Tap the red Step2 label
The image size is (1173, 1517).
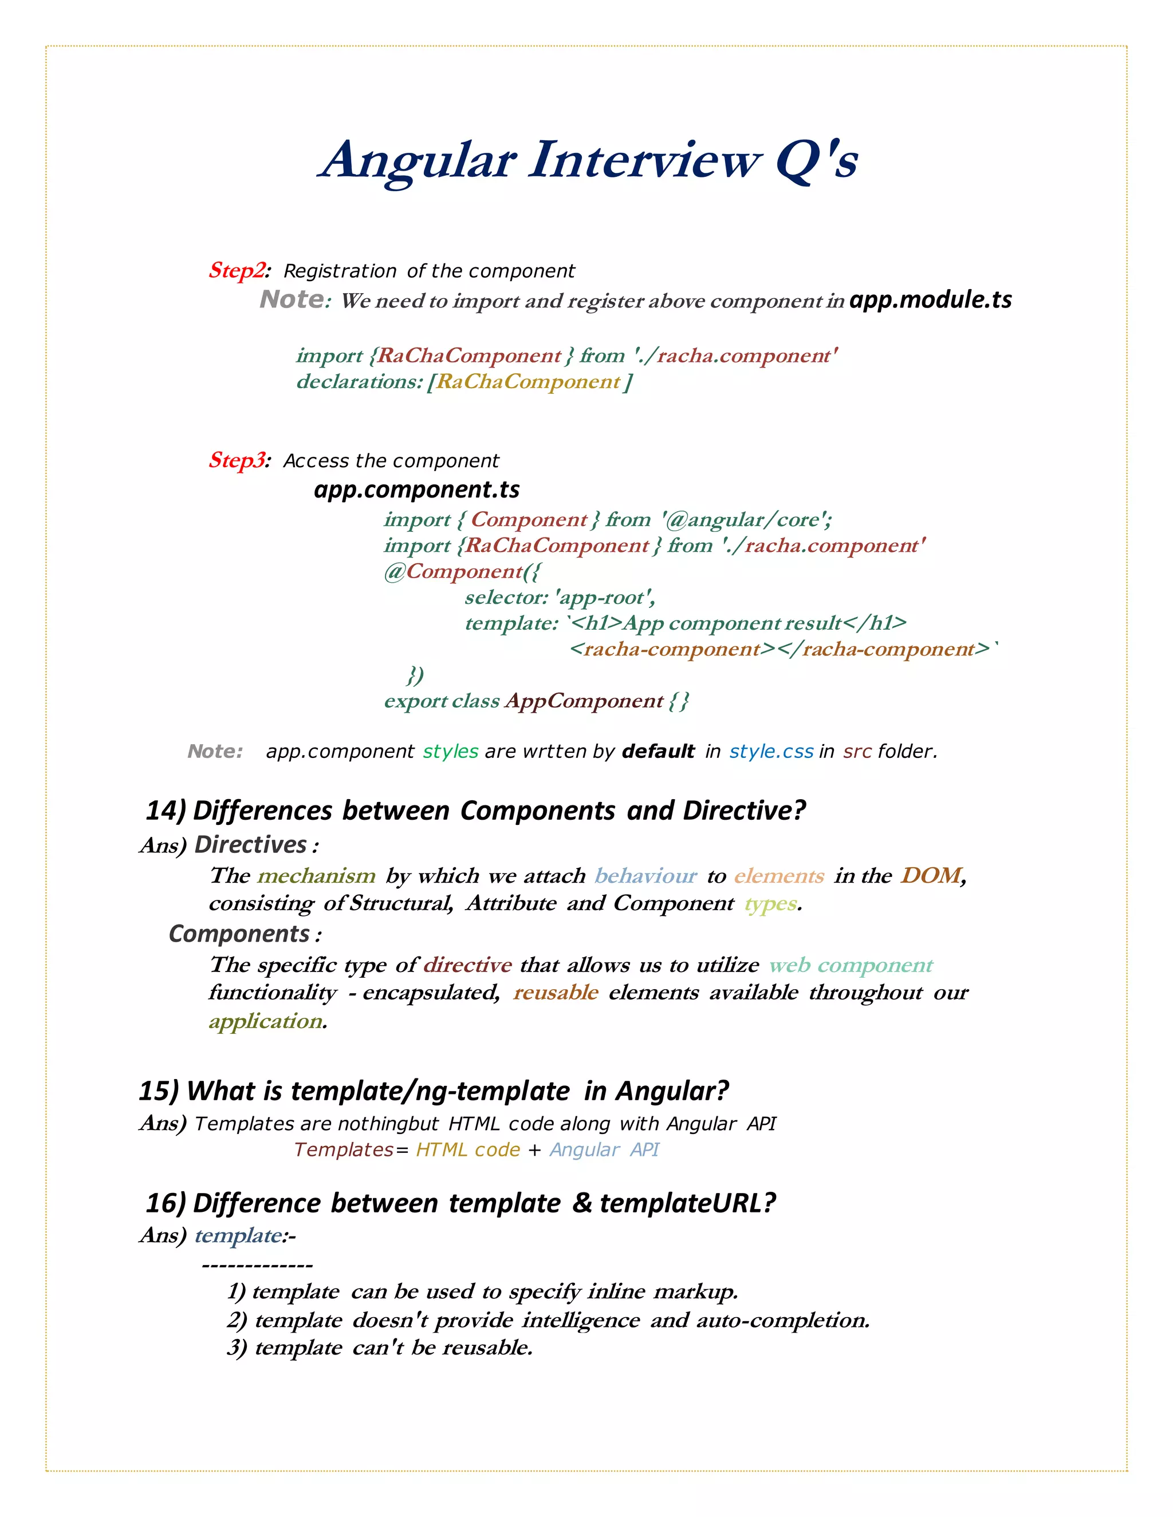[237, 270]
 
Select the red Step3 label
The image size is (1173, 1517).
[237, 460]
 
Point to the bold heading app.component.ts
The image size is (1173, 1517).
[416, 489]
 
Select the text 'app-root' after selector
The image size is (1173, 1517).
[604, 597]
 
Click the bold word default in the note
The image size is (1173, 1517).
[658, 752]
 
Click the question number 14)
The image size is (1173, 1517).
[166, 811]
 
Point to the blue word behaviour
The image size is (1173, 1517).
[645, 876]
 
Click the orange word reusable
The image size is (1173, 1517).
[555, 993]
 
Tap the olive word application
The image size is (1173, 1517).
[265, 1021]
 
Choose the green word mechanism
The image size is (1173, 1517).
[316, 876]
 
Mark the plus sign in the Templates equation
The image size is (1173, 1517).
[534, 1150]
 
